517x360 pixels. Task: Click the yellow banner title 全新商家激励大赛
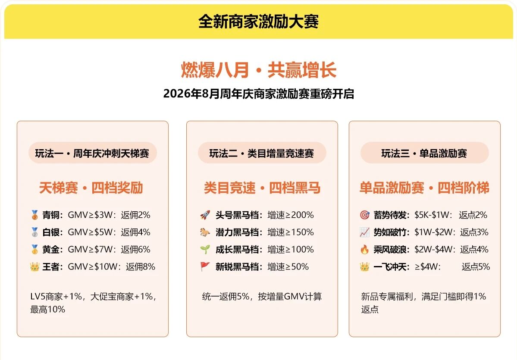(259, 22)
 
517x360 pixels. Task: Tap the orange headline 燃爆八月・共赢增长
(259, 70)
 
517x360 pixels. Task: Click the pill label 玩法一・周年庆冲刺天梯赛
(92, 153)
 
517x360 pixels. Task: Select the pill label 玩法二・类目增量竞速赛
(262, 153)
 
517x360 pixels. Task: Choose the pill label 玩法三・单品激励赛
(424, 153)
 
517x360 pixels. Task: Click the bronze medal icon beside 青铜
(34, 215)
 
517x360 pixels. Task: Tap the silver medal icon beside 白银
(34, 232)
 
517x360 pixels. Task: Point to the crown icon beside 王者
(34, 266)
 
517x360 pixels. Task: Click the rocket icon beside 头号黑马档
(205, 215)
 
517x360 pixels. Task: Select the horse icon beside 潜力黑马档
(205, 232)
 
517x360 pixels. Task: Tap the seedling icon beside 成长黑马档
(205, 249)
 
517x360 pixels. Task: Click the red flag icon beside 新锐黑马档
(205, 266)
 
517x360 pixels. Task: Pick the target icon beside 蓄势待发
(365, 215)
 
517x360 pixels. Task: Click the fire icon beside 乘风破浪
(365, 249)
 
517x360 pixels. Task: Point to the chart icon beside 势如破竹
(365, 232)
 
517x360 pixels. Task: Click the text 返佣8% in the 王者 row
(141, 266)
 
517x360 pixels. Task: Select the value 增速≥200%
(291, 215)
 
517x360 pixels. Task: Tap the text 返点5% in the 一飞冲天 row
(476, 266)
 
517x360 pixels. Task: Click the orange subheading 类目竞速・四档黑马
(262, 188)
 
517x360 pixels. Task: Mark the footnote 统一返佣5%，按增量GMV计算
(262, 296)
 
